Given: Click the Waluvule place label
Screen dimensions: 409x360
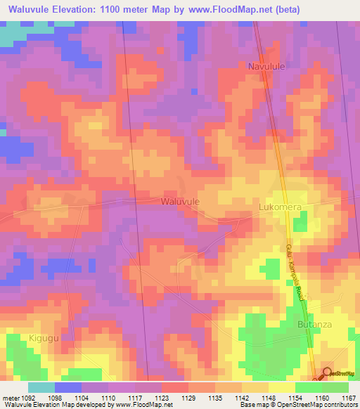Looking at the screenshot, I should click(x=180, y=201).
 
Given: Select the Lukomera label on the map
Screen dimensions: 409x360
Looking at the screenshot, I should click(x=280, y=207).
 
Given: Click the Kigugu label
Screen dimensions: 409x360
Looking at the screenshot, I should click(x=44, y=338).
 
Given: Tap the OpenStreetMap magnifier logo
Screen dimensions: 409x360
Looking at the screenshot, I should click(x=327, y=373).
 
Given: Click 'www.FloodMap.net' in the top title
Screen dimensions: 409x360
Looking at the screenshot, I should click(x=217, y=10).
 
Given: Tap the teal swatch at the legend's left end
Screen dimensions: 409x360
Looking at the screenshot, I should click(x=41, y=387).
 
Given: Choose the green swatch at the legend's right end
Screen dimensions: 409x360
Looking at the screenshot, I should click(x=335, y=387).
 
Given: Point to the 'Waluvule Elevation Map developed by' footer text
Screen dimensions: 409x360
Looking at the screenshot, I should click(x=53, y=404).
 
